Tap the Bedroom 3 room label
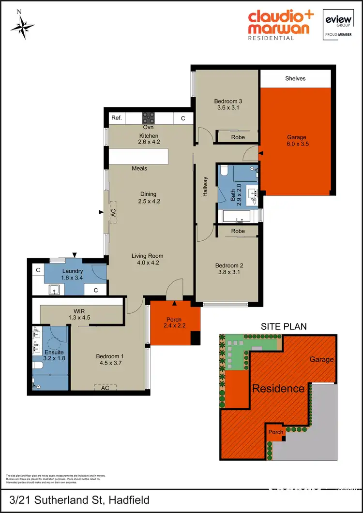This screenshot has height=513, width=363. pos(227,105)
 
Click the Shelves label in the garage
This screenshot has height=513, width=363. pos(295,78)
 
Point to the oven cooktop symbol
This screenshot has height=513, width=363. pos(148,117)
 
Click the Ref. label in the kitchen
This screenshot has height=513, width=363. pos(116,118)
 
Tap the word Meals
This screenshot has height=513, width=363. pos(139,169)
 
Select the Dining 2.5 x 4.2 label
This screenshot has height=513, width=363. pos(149,198)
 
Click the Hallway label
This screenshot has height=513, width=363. pos(205,186)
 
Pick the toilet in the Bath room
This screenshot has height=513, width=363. pos(224,171)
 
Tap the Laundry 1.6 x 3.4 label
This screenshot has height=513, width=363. pos(72,275)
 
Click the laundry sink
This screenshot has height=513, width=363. pos(55,289)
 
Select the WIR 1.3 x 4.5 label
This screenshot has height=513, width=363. pos(80,314)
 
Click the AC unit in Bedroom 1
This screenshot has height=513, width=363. pos(105,388)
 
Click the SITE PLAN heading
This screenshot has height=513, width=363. pos(284,326)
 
